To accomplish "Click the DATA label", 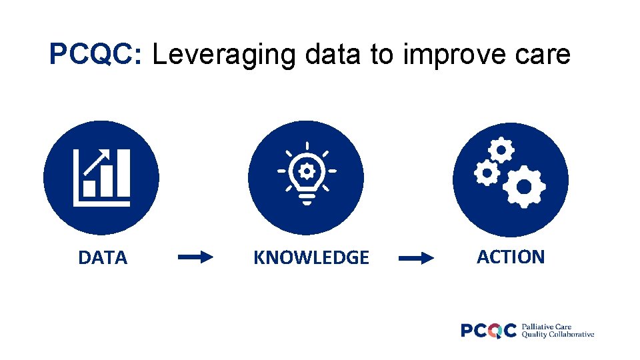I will pyautogui.click(x=102, y=258).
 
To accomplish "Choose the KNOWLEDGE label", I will pyautogui.click(x=311, y=258).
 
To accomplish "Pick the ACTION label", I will pyautogui.click(x=511, y=257).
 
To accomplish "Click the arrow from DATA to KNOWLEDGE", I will pyautogui.click(x=195, y=257).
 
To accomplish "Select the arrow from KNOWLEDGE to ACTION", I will pyautogui.click(x=416, y=258).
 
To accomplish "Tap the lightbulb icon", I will pyautogui.click(x=306, y=175).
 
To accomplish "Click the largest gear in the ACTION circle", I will pyautogui.click(x=524, y=187).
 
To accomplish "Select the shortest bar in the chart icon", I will pyautogui.click(x=89, y=189).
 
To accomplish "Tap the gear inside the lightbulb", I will pyautogui.click(x=306, y=171).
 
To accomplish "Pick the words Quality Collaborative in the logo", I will pyautogui.click(x=558, y=335).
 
